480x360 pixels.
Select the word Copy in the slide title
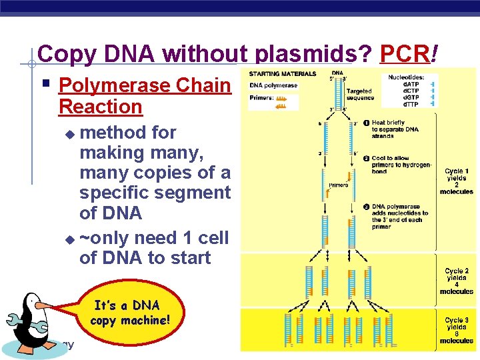pos(67,54)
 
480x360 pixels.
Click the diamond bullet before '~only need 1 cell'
pos(71,239)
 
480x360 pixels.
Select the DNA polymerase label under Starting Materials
pos(273,85)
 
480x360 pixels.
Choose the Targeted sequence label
pos(360,94)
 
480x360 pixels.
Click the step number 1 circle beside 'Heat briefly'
pos(367,123)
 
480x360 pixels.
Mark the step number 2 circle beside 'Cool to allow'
pos(367,158)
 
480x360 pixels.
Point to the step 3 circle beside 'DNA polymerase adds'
pos(367,207)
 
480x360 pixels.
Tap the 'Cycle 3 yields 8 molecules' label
pos(457,330)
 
